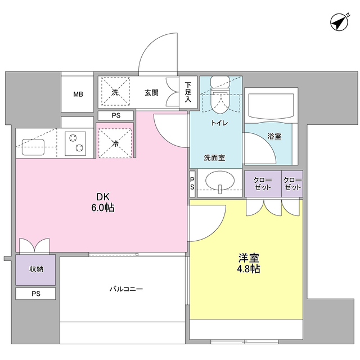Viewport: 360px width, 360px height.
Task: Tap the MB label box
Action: coord(78,94)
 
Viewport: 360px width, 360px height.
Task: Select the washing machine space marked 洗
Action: coord(115,92)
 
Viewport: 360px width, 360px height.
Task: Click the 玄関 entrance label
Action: coord(151,92)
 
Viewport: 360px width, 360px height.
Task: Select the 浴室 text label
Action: coord(274,136)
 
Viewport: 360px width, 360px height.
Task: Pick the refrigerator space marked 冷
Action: coord(115,144)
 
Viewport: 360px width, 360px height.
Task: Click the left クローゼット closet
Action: coord(263,184)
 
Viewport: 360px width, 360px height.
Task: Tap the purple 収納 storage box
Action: coord(35,269)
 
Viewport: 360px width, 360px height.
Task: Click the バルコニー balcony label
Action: coord(126,289)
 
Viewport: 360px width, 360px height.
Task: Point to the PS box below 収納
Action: coord(35,294)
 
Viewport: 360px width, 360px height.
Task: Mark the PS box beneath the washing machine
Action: coord(116,115)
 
